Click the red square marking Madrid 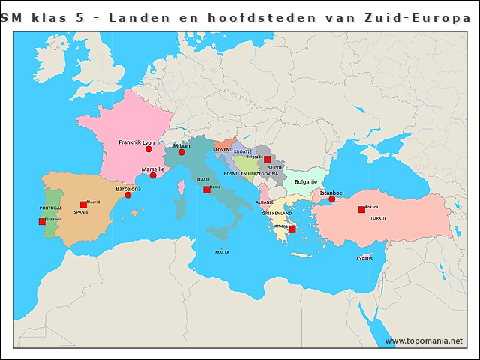(x=83, y=205)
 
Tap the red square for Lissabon (x=42, y=221)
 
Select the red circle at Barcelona (x=128, y=195)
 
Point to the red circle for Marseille (x=153, y=175)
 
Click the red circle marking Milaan (x=181, y=152)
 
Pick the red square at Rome (x=206, y=190)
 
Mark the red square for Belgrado (x=267, y=160)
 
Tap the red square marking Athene (x=292, y=229)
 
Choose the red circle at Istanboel (x=331, y=199)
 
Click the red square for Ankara (x=361, y=210)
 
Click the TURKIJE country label (x=378, y=218)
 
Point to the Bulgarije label (x=305, y=181)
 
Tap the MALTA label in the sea (x=222, y=253)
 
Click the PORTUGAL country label (x=51, y=208)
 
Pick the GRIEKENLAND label (x=277, y=214)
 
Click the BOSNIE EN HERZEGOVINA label (x=250, y=174)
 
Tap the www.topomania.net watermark (x=424, y=340)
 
